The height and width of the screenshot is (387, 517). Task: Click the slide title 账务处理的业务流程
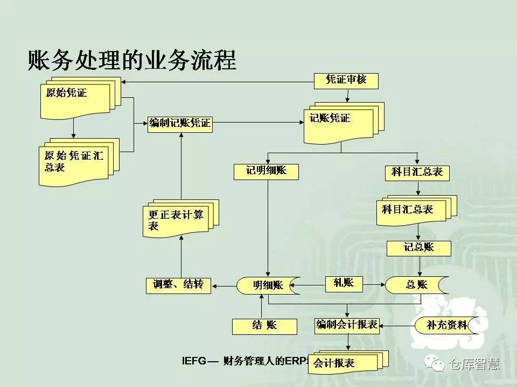pos(131,61)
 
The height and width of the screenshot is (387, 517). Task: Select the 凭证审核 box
pos(346,80)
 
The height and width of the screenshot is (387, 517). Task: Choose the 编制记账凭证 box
pos(180,124)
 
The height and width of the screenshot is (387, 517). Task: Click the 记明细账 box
pos(266,171)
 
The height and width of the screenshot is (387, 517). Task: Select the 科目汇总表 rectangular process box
pos(417,172)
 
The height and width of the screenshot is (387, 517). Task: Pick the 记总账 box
pos(419,247)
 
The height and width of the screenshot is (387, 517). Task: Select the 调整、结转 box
pos(178,285)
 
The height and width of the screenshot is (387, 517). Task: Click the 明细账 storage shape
pos(268,285)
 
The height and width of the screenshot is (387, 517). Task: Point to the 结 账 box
pos(264,325)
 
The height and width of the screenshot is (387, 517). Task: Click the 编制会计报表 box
pos(347,325)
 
